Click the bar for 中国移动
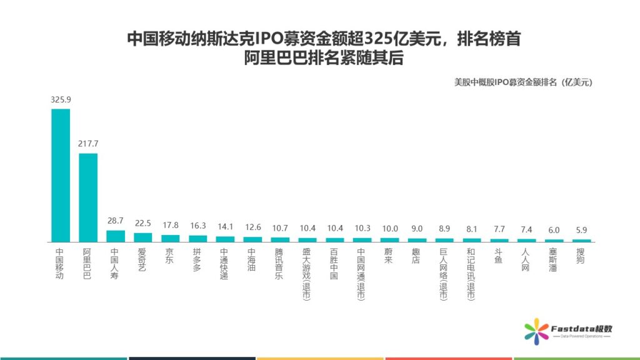pyautogui.click(x=61, y=175)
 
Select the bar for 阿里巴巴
pyautogui.click(x=88, y=197)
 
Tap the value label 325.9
pyautogui.click(x=61, y=99)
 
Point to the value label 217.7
pyautogui.click(x=88, y=144)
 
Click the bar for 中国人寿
pyautogui.click(x=116, y=236)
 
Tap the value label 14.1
pyautogui.click(x=225, y=227)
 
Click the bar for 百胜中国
pyautogui.click(x=334, y=239)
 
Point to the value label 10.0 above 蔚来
pyautogui.click(x=389, y=229)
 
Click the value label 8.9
pyautogui.click(x=444, y=229)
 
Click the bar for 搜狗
pyautogui.click(x=581, y=240)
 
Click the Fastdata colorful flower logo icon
pyautogui.click(x=535, y=330)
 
